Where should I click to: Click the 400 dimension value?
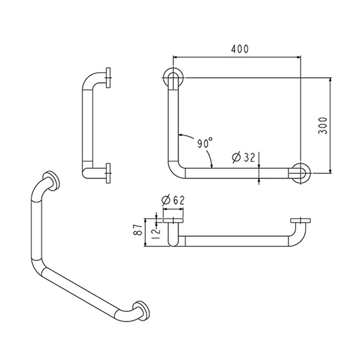240,49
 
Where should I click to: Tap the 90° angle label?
205,144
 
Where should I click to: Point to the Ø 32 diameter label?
243,157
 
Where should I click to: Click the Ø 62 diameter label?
172,200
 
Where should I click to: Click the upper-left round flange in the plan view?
172,78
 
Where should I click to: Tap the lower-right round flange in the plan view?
299,173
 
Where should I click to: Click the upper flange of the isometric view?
52,180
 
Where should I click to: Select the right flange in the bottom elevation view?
300,220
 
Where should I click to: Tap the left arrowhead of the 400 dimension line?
175,57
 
